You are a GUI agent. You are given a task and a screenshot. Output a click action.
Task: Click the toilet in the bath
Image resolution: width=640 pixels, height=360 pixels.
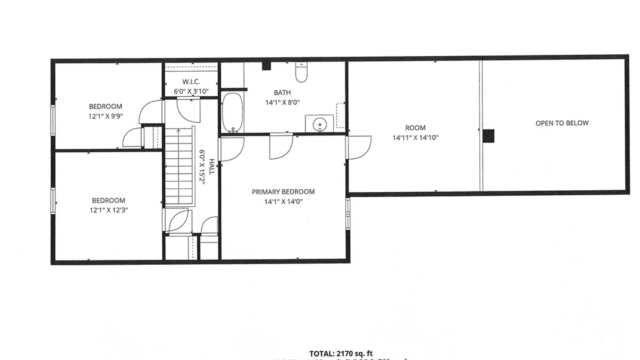pyautogui.click(x=301, y=72)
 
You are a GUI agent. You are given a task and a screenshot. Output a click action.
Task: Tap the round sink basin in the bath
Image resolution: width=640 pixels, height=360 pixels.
pyautogui.click(x=320, y=124)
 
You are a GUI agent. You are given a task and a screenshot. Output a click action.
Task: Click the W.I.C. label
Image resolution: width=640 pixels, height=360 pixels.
pyautogui.click(x=191, y=82)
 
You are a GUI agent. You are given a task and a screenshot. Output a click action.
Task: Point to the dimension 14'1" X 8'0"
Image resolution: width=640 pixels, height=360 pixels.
pyautogui.click(x=282, y=102)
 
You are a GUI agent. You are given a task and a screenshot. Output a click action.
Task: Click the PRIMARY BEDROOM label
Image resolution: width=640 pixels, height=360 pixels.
pyautogui.click(x=283, y=192)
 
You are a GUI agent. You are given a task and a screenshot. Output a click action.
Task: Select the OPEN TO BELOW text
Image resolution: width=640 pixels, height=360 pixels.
pyautogui.click(x=562, y=123)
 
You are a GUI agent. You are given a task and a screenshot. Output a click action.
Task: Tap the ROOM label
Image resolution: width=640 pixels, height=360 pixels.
pyautogui.click(x=415, y=128)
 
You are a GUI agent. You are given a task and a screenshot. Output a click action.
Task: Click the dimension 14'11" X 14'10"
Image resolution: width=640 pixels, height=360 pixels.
pyautogui.click(x=415, y=137)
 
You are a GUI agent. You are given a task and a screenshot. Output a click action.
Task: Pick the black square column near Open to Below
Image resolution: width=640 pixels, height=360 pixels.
pyautogui.click(x=489, y=136)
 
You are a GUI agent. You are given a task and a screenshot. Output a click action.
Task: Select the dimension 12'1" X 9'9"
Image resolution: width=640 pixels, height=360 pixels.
pyautogui.click(x=105, y=116)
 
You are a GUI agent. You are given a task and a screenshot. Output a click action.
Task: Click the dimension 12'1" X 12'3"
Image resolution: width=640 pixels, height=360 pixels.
pyautogui.click(x=109, y=210)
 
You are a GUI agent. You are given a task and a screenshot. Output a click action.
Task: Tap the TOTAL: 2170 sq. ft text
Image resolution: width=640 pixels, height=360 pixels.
pyautogui.click(x=341, y=353)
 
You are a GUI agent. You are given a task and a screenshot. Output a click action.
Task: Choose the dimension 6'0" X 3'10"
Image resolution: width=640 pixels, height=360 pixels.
pyautogui.click(x=191, y=91)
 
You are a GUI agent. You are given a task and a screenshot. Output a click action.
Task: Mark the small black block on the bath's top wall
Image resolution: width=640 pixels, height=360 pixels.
pyautogui.click(x=266, y=66)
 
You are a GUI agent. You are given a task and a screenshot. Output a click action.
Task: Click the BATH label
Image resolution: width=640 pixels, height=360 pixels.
pyautogui.click(x=282, y=92)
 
